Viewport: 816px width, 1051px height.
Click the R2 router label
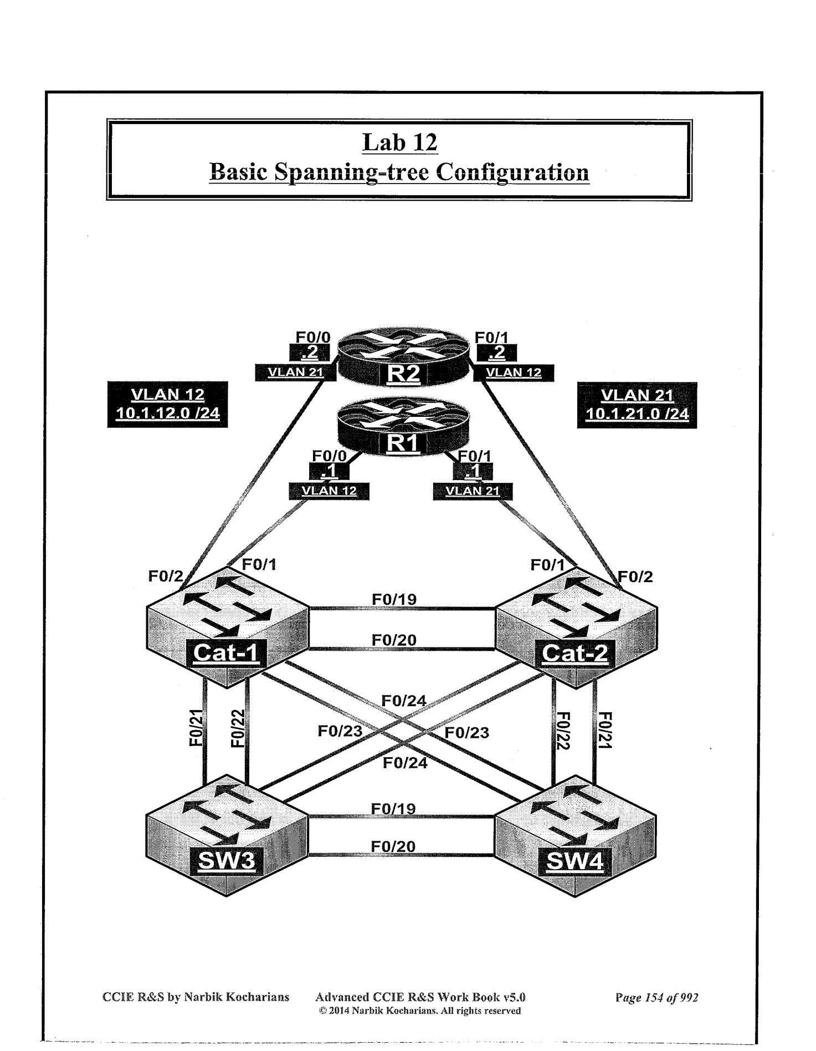[403, 374]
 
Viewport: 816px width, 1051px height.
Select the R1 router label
[403, 443]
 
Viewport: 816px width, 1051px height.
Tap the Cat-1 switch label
[225, 653]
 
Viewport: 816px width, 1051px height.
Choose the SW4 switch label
[574, 861]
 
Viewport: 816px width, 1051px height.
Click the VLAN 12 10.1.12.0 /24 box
[167, 404]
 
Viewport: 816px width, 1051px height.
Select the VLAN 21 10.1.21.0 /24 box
[637, 405]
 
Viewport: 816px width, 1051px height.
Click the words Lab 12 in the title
[400, 142]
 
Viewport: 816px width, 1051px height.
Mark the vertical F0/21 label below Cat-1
[197, 728]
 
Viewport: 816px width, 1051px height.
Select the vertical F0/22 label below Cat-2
[563, 731]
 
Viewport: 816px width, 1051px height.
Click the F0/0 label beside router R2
[313, 337]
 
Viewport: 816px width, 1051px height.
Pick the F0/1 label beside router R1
[474, 456]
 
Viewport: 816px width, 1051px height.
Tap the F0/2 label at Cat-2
[635, 577]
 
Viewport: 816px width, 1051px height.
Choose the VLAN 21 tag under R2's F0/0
[295, 373]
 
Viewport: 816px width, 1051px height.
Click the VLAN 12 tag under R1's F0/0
[329, 491]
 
